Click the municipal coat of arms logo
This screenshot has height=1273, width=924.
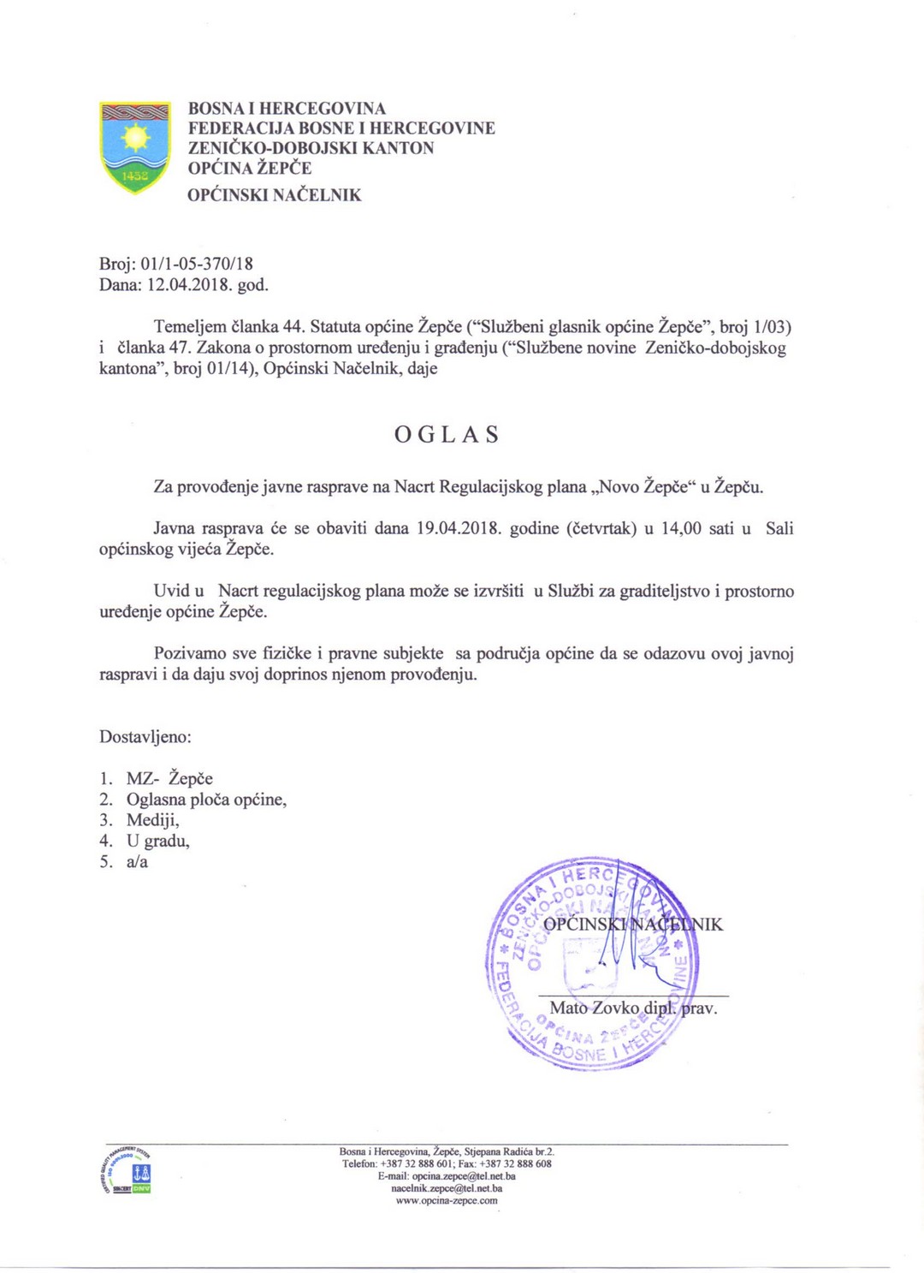[x=135, y=146]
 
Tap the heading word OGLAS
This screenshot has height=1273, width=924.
[x=447, y=435]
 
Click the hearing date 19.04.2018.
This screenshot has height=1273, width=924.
[x=458, y=528]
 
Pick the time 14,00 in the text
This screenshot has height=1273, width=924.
[x=681, y=528]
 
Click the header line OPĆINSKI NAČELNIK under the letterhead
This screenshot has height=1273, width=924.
[x=275, y=195]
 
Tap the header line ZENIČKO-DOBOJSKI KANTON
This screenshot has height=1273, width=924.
[x=311, y=148]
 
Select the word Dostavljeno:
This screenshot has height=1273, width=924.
[x=145, y=736]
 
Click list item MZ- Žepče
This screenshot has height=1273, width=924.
[x=169, y=778]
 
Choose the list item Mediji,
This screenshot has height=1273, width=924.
[x=153, y=820]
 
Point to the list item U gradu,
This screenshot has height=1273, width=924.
[x=158, y=841]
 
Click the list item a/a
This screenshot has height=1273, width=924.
[x=137, y=861]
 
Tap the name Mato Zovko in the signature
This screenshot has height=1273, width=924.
[x=594, y=1008]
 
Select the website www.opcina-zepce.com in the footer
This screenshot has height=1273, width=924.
[x=447, y=1200]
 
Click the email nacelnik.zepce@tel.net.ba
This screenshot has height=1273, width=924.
[x=447, y=1188]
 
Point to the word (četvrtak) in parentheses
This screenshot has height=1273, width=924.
[x=601, y=528]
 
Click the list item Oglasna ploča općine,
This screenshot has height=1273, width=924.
[x=206, y=800]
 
